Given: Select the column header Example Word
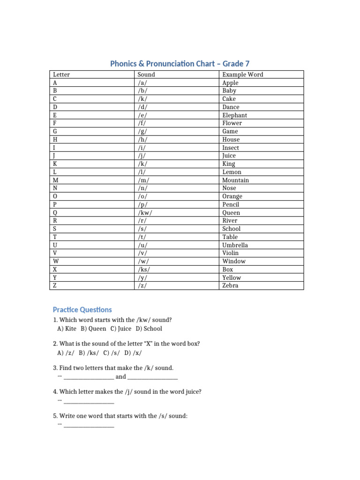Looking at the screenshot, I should (242, 75).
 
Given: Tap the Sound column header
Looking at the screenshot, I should (146, 75).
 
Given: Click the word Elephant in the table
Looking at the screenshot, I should (234, 115).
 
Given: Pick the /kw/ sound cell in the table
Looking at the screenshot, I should (145, 212).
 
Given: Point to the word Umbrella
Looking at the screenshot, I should (235, 245).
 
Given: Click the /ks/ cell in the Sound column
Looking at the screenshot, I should (144, 270).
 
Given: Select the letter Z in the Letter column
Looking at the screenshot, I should (55, 285).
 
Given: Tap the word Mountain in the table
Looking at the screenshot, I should (235, 180).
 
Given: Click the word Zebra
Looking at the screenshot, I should (230, 285).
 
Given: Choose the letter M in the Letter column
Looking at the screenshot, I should (56, 180).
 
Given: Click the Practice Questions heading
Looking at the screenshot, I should (82, 310).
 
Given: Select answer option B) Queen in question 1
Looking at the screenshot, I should (93, 329).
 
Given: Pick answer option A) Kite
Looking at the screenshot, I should (67, 329).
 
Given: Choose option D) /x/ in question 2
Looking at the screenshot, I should (133, 352).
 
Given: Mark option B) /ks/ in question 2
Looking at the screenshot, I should (89, 352).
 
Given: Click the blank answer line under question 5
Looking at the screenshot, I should (89, 426).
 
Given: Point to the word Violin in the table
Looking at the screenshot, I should (230, 253).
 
